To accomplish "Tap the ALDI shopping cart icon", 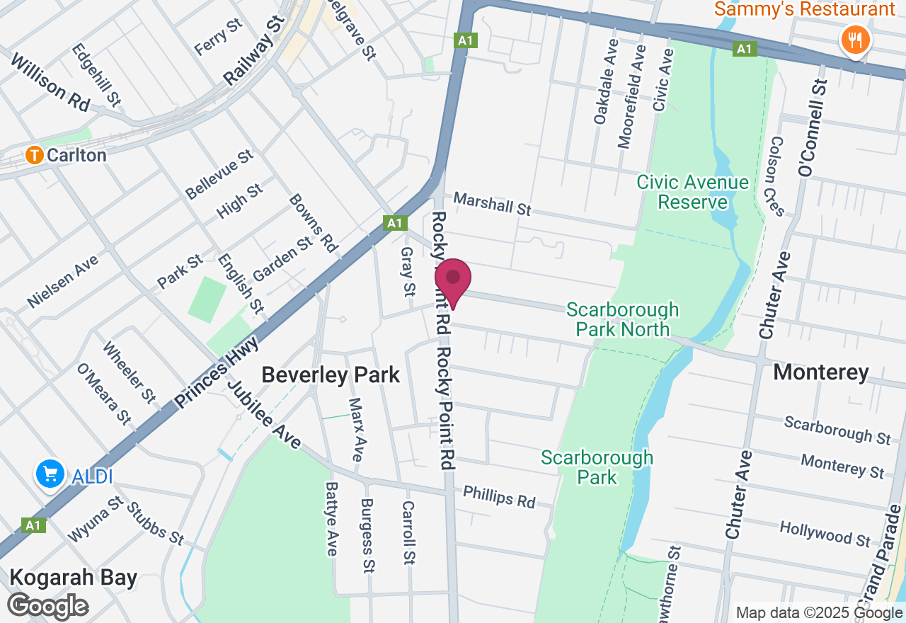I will click(x=50, y=475).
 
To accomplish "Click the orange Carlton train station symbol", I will click(x=34, y=155).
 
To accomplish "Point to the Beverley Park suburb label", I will click(x=331, y=375).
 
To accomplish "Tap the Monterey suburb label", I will click(x=821, y=372).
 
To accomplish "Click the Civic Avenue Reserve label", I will click(x=692, y=193).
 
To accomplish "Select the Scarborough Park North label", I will click(x=622, y=319).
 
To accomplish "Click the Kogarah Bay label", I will click(x=73, y=577).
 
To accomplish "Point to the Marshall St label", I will click(x=492, y=204).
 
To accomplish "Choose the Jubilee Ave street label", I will click(x=264, y=415).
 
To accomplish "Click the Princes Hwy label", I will click(x=215, y=373).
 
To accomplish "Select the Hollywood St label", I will click(x=825, y=534).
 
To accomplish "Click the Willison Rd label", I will click(x=50, y=82).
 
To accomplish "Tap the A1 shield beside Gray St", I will click(x=395, y=223).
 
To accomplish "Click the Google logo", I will click(x=48, y=606).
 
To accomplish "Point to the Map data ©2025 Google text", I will click(x=818, y=613).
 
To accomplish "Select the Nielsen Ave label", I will click(x=63, y=281).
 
